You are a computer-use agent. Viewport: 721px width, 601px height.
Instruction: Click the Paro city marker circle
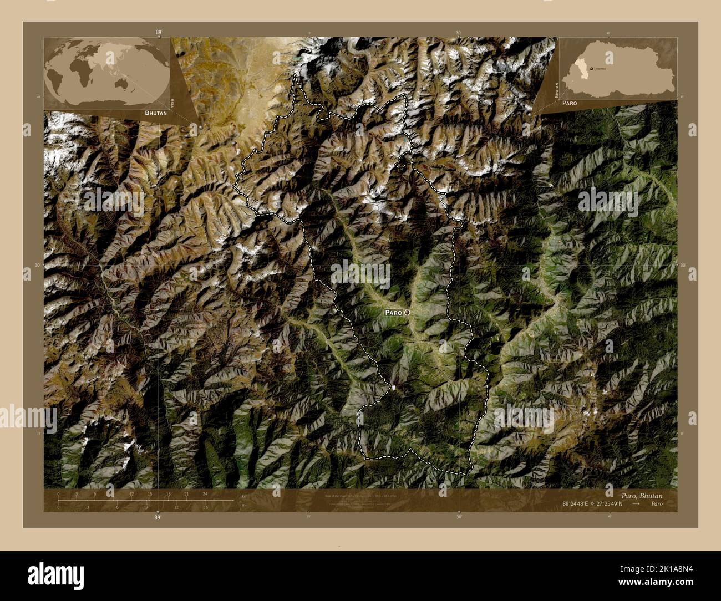click(x=408, y=313)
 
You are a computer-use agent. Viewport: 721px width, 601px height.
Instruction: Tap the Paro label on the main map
click(x=393, y=313)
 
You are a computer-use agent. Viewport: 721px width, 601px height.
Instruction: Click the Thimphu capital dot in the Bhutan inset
click(x=591, y=68)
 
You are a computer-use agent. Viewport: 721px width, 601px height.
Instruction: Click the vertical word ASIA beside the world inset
click(x=173, y=103)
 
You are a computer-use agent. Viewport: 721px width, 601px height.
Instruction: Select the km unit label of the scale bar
click(x=244, y=496)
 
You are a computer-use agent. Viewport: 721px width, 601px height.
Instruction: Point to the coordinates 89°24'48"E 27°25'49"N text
click(x=592, y=504)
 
